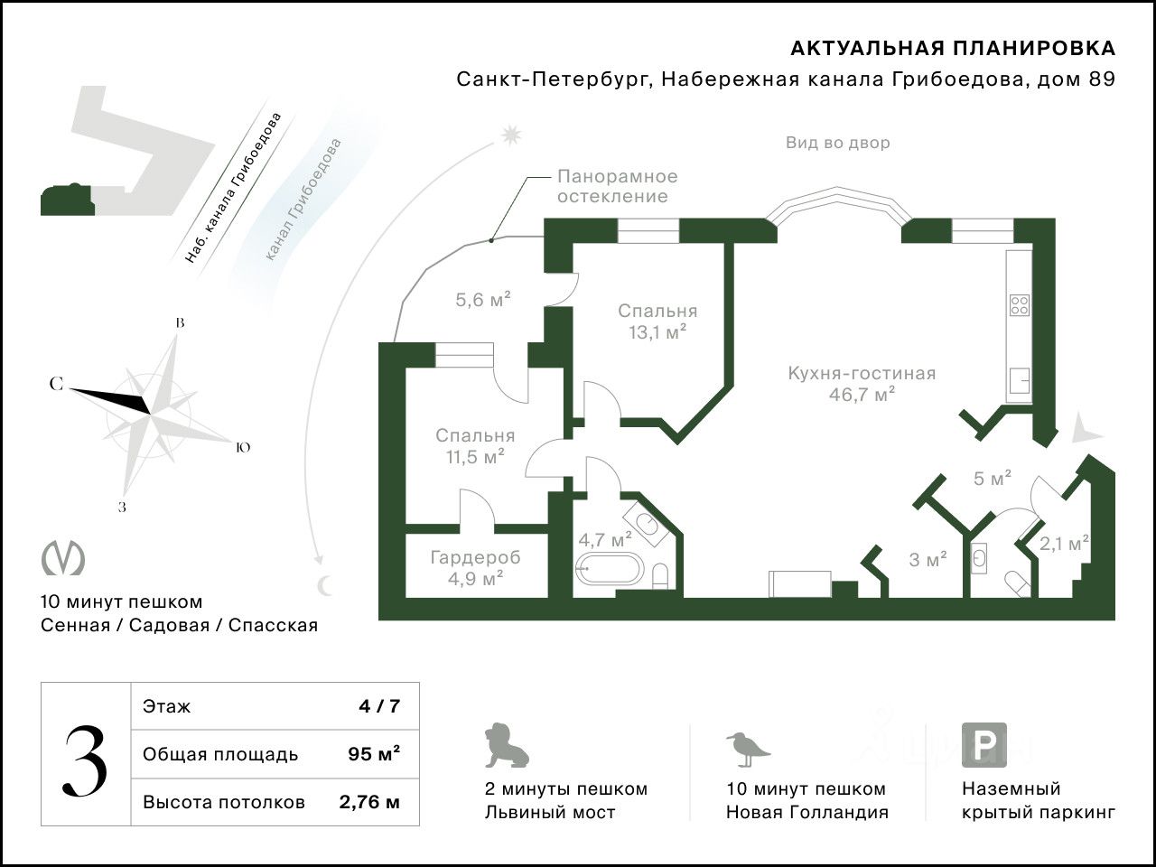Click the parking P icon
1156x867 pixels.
(984, 745)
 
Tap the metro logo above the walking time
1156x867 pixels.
(63, 557)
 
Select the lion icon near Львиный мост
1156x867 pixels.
(506, 746)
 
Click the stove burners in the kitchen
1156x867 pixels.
(1020, 304)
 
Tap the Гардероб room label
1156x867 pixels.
(475, 557)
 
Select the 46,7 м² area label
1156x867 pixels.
(862, 394)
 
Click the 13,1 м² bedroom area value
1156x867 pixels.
(657, 332)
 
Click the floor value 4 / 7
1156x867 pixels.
(378, 706)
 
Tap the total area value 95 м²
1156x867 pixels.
(374, 754)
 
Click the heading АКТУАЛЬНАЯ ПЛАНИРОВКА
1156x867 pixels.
(953, 48)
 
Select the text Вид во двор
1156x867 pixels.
(837, 143)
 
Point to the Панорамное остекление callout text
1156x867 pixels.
(617, 186)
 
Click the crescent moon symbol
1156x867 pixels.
(324, 586)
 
